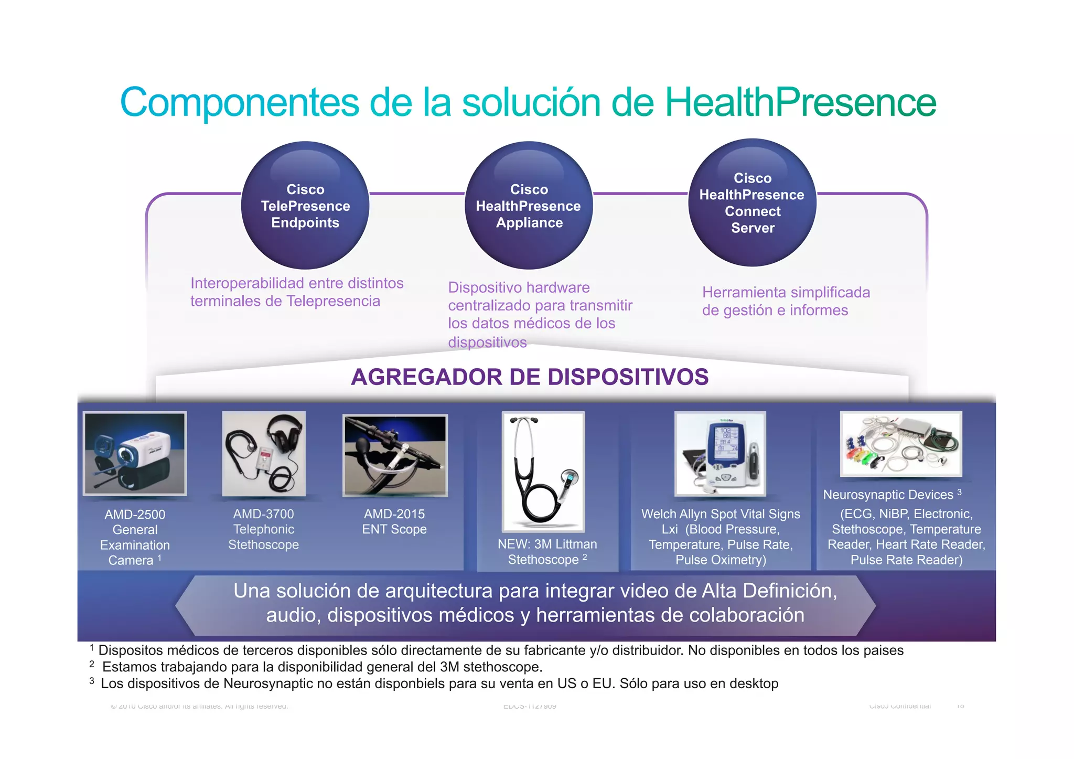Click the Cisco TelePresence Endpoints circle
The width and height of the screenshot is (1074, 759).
(305, 206)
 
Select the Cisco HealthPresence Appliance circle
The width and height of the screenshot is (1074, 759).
(529, 206)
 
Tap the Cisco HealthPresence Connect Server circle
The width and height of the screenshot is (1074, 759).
(752, 203)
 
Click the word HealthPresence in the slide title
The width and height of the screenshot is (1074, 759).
(800, 102)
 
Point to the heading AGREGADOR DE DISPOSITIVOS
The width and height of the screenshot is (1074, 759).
(530, 377)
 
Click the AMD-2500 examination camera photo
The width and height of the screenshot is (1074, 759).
(135, 454)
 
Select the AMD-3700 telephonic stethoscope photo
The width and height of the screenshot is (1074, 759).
(263, 454)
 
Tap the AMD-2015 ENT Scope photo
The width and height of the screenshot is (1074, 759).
(395, 455)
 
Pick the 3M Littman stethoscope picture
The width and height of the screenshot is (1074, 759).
(543, 471)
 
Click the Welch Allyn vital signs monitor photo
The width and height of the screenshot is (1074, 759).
(720, 454)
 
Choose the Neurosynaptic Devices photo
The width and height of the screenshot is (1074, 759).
(901, 444)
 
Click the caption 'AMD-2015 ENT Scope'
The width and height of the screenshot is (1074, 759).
(394, 521)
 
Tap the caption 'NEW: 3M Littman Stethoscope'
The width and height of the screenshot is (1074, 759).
(547, 552)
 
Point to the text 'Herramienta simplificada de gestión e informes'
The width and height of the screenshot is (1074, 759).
(786, 301)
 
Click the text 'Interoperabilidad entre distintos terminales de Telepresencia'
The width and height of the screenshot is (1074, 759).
(296, 292)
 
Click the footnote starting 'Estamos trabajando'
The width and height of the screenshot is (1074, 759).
(322, 667)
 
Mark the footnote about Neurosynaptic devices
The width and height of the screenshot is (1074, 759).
(439, 683)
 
